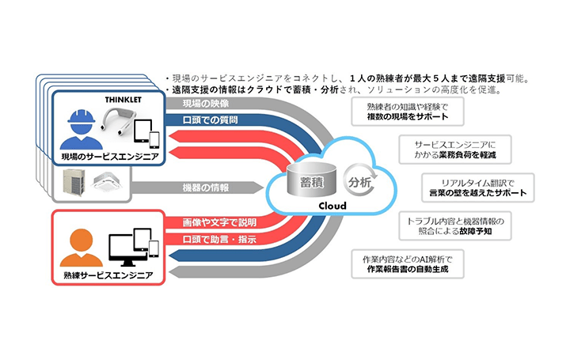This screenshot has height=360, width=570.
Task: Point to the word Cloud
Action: coord(331,208)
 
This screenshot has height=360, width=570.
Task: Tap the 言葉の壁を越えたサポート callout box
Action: coord(476,188)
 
